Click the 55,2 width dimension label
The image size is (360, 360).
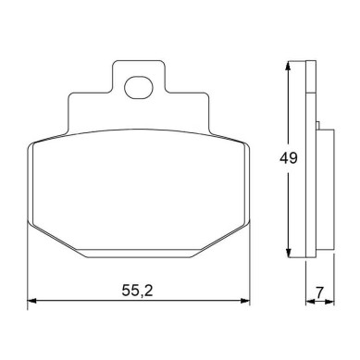(x=137, y=291)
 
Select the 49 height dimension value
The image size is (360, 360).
(x=289, y=158)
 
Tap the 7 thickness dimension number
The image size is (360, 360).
(x=319, y=292)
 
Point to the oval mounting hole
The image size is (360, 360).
(x=139, y=88)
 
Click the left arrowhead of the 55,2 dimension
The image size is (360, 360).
(x=32, y=301)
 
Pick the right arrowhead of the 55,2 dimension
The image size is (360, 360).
(x=245, y=301)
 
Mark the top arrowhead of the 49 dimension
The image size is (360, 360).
(x=288, y=66)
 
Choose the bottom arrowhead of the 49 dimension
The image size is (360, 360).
(x=288, y=253)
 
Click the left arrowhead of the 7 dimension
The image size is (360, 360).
(x=309, y=302)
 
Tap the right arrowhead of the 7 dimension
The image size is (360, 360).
(x=330, y=302)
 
